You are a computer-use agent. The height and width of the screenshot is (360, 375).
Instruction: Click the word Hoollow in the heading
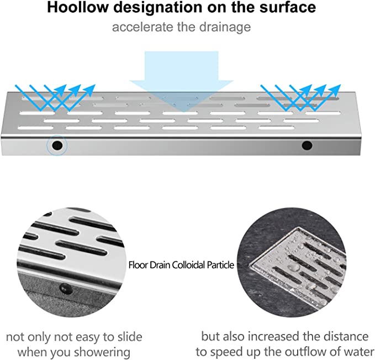[x=78, y=7]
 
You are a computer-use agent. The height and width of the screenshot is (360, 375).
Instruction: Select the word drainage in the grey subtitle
[x=225, y=27]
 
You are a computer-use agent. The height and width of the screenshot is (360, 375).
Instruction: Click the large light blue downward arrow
[x=181, y=81]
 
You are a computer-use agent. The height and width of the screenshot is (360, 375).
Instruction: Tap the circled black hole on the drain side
[x=57, y=145]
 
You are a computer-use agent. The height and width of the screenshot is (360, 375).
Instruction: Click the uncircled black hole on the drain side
[x=307, y=145]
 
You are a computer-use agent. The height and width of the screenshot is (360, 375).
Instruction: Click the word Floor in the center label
[x=139, y=265]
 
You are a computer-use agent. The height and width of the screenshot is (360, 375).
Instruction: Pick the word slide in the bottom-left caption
[x=130, y=337]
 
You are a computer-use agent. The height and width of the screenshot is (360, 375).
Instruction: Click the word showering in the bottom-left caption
[x=102, y=353]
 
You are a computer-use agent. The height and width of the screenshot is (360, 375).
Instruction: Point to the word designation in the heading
[x=158, y=7]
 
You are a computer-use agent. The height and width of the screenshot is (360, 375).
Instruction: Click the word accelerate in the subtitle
[x=143, y=27]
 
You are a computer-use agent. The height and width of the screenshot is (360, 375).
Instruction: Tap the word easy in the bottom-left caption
[x=88, y=337]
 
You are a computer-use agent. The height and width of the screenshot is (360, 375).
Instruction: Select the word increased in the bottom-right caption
[x=273, y=336]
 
